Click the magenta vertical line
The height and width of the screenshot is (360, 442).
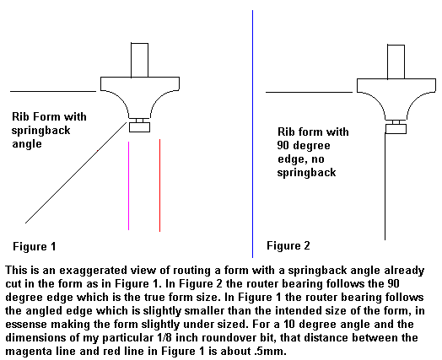[128, 186]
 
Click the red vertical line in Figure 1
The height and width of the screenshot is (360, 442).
[159, 185]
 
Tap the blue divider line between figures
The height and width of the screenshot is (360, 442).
[252, 134]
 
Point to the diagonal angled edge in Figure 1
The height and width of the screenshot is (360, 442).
[76, 173]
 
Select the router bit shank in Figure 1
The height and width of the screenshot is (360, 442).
[139, 60]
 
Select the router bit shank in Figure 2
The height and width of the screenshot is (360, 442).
[396, 62]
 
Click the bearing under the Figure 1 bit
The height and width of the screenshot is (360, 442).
[139, 127]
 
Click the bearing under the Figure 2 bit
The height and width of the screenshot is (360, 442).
[396, 129]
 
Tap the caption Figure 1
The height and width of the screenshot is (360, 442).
[35, 246]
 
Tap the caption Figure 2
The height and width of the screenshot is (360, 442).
[288, 245]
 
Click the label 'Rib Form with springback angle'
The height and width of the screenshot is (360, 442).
[49, 130]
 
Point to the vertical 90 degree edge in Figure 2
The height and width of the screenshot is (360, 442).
[385, 186]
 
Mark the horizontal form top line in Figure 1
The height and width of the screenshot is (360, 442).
[53, 91]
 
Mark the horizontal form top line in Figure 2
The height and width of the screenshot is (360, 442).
[309, 92]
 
